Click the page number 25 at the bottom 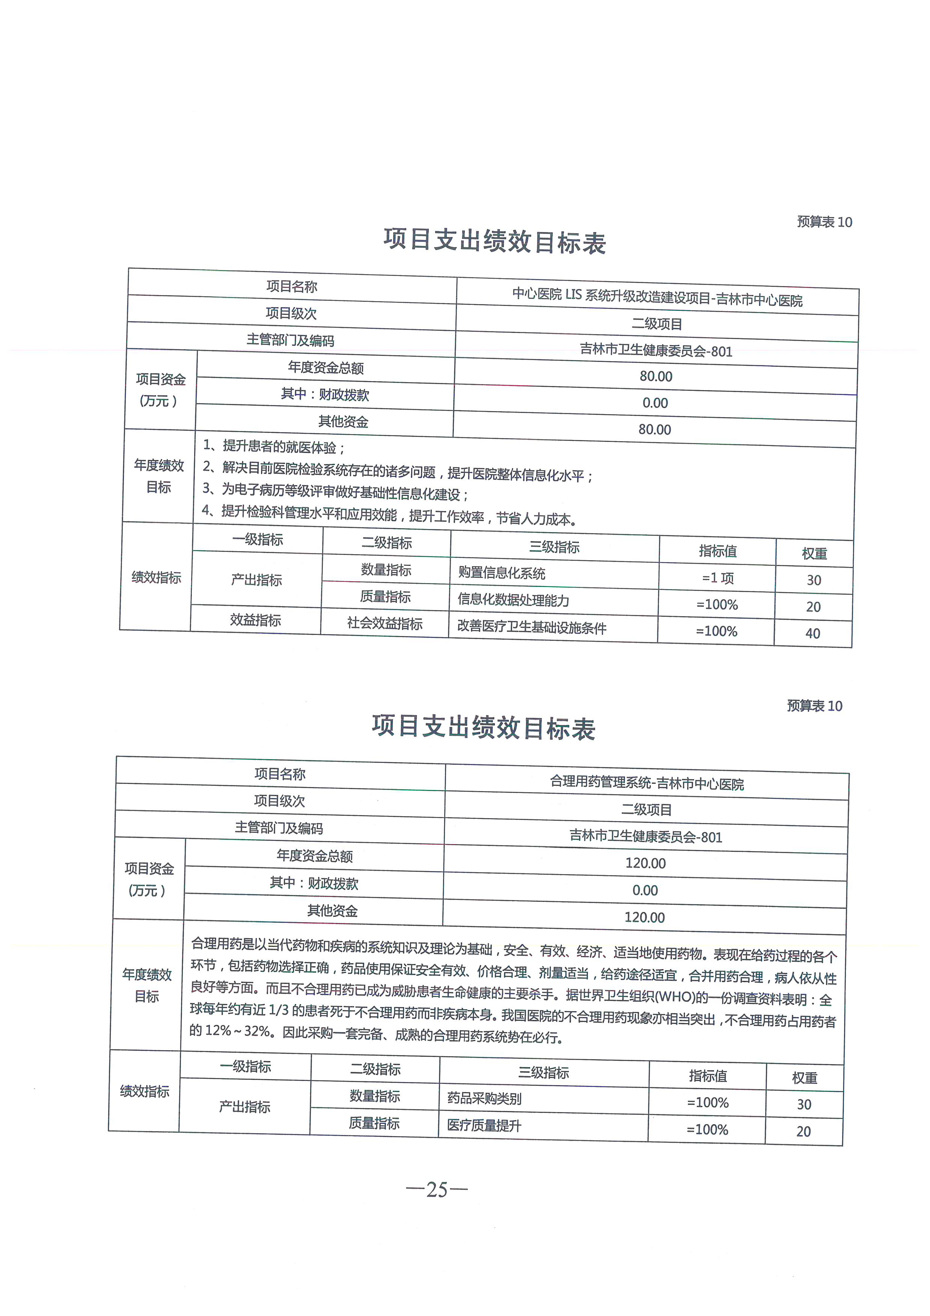coord(437,1190)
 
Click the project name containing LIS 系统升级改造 coord(657,297)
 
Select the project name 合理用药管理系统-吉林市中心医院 coord(647,783)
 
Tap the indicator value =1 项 coord(717,578)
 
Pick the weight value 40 coord(812,633)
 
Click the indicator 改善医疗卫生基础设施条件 coord(531,627)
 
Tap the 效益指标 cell coord(256,620)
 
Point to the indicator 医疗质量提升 coord(484,1126)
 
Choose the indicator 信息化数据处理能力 coord(513,600)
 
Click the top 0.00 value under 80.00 coord(655,403)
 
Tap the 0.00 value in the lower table coord(645,890)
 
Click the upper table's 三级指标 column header coord(554,547)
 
